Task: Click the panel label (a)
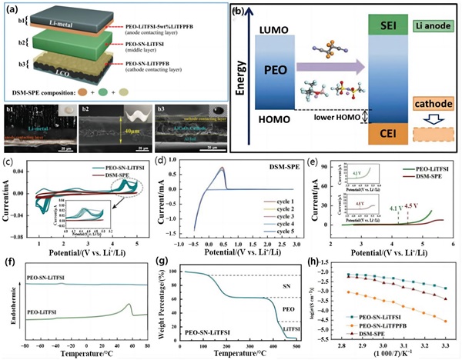pyautogui.click(x=12, y=9)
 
